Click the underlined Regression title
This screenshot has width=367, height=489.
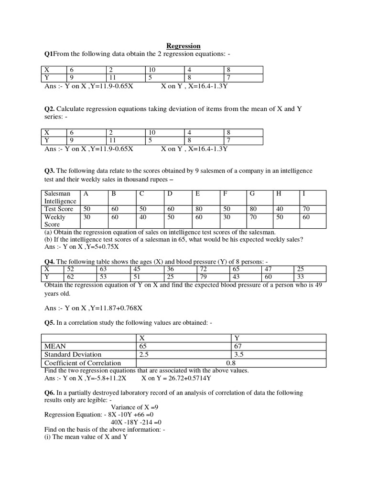(x=183, y=46)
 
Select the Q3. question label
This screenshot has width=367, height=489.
(x=50, y=170)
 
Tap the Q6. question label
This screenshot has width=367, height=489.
(x=50, y=393)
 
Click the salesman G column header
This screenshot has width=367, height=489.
(x=252, y=193)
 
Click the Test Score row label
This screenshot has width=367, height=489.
(x=58, y=209)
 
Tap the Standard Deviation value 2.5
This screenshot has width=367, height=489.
(x=144, y=354)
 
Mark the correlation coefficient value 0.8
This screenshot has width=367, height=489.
(x=232, y=363)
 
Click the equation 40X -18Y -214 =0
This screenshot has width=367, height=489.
(x=136, y=422)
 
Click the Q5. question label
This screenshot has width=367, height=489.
(x=50, y=323)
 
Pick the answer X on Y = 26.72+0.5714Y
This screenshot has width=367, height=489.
(x=176, y=378)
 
